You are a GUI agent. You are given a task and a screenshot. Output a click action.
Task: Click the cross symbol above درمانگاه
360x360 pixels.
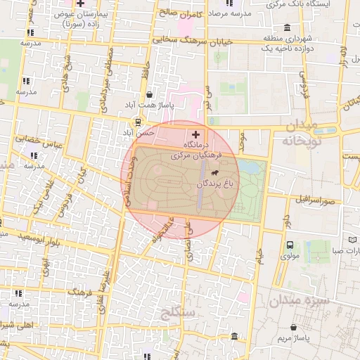click(x=195, y=134)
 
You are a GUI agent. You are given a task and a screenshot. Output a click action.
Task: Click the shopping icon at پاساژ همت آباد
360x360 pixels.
click(x=149, y=94)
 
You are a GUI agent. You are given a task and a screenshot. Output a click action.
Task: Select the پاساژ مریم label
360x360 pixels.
click(x=295, y=339)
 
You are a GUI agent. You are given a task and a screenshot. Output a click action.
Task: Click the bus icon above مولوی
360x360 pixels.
click(x=290, y=245)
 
